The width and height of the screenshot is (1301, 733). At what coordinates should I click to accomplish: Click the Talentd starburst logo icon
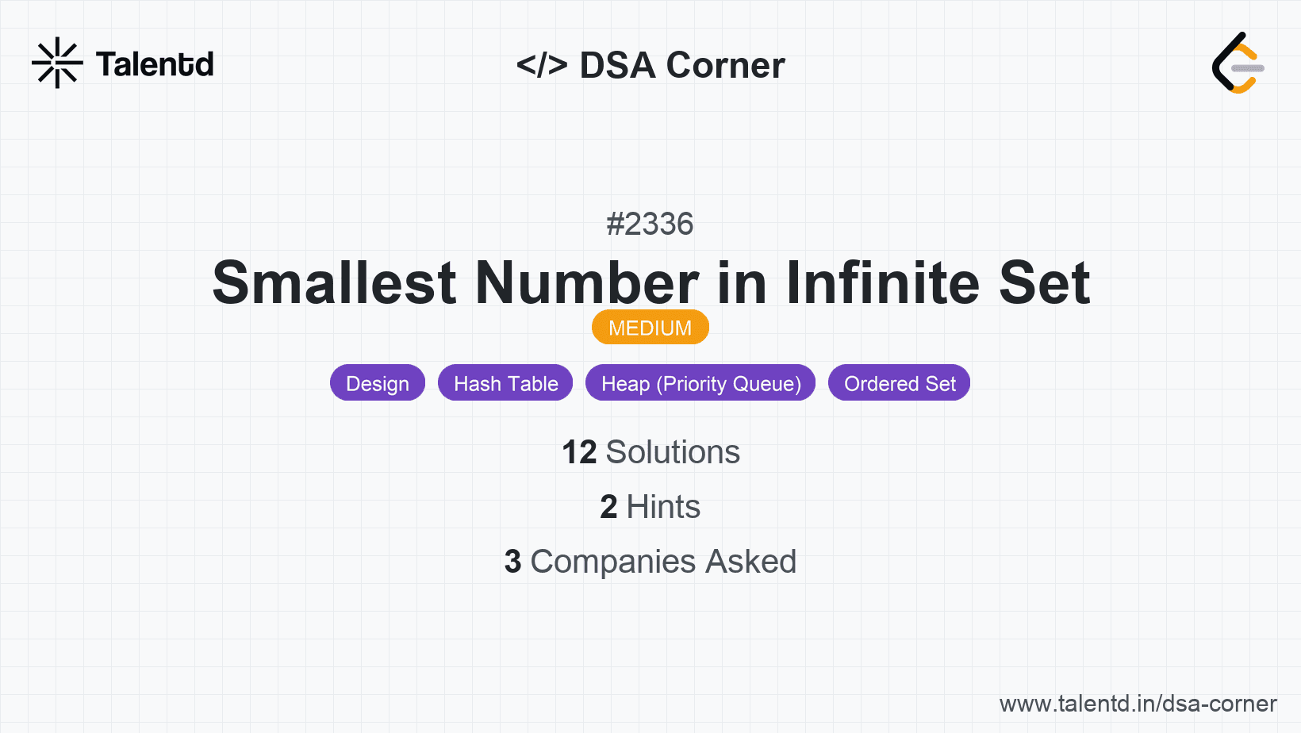[57, 63]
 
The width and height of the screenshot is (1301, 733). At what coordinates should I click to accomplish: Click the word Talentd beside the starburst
[155, 64]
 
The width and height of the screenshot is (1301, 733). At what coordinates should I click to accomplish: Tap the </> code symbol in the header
[541, 65]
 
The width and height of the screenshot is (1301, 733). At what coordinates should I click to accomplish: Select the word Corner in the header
[725, 65]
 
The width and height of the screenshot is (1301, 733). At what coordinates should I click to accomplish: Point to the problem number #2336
[650, 224]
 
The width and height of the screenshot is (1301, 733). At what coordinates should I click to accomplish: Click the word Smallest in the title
[334, 282]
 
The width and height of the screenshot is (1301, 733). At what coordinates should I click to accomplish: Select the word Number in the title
[586, 282]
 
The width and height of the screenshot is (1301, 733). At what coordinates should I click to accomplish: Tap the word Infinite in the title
[882, 282]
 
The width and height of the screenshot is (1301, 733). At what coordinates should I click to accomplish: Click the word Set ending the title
[1044, 282]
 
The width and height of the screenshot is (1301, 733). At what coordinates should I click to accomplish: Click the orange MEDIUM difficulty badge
[650, 328]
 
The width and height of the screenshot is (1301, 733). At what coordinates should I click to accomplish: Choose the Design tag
[378, 383]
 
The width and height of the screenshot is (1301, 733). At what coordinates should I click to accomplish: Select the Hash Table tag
[505, 383]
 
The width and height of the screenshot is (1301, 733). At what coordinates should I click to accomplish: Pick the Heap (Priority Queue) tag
[700, 383]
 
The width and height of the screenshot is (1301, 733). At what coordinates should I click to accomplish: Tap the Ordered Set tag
[899, 383]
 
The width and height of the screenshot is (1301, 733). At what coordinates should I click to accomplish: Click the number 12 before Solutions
[579, 452]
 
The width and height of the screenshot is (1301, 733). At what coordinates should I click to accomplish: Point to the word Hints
[662, 506]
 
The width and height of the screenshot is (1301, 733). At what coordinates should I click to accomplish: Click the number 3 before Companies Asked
[512, 562]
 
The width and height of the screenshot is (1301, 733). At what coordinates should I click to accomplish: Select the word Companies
[612, 562]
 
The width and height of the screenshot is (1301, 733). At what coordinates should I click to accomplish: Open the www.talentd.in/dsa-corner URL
[1138, 704]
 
